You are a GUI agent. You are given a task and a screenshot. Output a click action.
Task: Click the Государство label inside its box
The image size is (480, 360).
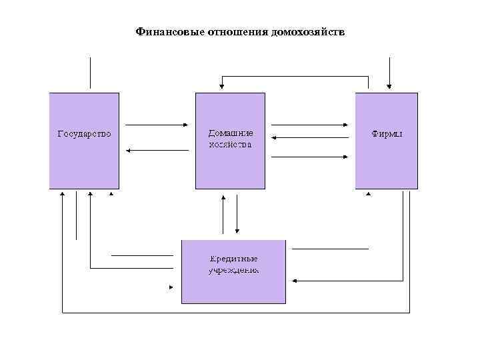(x=84, y=133)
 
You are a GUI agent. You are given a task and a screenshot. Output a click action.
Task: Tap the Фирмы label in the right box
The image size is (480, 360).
(x=387, y=133)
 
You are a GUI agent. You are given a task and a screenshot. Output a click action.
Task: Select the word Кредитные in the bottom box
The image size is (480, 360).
(x=233, y=259)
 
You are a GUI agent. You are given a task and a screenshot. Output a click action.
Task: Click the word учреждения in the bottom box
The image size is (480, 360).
(x=233, y=270)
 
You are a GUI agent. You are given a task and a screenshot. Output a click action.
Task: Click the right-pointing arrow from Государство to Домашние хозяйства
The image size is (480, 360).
(x=157, y=125)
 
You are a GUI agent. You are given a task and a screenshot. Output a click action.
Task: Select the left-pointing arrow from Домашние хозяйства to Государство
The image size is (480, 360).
(x=157, y=150)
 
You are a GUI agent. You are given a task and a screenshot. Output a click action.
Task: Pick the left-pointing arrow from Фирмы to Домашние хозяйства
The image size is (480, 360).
(x=311, y=138)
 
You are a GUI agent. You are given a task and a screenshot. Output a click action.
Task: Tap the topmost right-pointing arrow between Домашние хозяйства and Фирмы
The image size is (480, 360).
(x=311, y=125)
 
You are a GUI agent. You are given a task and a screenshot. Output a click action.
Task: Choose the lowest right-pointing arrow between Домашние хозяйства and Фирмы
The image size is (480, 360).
(x=311, y=157)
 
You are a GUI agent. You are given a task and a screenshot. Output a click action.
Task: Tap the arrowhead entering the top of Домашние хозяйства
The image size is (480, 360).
(x=222, y=87)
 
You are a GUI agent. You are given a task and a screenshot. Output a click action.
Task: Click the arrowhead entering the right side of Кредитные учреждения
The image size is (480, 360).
(x=295, y=281)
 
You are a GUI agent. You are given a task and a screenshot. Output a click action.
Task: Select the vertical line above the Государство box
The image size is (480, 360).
(x=90, y=73)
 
